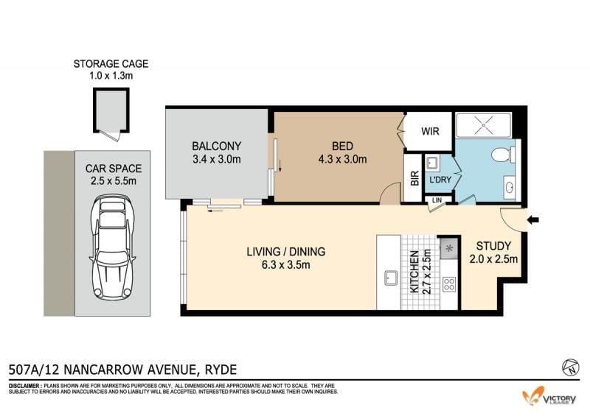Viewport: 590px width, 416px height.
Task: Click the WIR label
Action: [x=430, y=132]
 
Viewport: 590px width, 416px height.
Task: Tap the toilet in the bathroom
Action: [x=503, y=155]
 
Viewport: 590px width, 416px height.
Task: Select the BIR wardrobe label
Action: [x=414, y=178]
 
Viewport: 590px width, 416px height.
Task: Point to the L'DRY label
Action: [x=440, y=180]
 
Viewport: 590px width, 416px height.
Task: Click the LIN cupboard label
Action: [x=437, y=200]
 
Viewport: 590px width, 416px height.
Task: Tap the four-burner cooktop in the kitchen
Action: [x=449, y=284]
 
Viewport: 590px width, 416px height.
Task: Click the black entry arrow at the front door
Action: [x=533, y=220]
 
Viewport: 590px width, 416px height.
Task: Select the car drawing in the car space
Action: [x=113, y=247]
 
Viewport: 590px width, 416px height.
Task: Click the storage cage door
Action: [x=113, y=135]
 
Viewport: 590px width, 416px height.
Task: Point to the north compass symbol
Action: [x=570, y=367]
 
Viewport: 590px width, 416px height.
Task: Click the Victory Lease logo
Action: [x=549, y=396]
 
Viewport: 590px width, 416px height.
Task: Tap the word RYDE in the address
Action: [x=221, y=370]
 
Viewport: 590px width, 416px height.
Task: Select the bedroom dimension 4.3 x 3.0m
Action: [x=342, y=159]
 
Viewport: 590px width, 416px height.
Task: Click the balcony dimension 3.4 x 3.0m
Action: [x=216, y=159]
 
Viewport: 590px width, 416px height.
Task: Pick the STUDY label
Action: [x=493, y=246]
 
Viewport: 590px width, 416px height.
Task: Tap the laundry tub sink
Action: [x=431, y=163]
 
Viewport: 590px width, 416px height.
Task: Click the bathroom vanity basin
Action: [x=510, y=187]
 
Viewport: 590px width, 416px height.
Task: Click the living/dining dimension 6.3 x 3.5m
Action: [x=286, y=265]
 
